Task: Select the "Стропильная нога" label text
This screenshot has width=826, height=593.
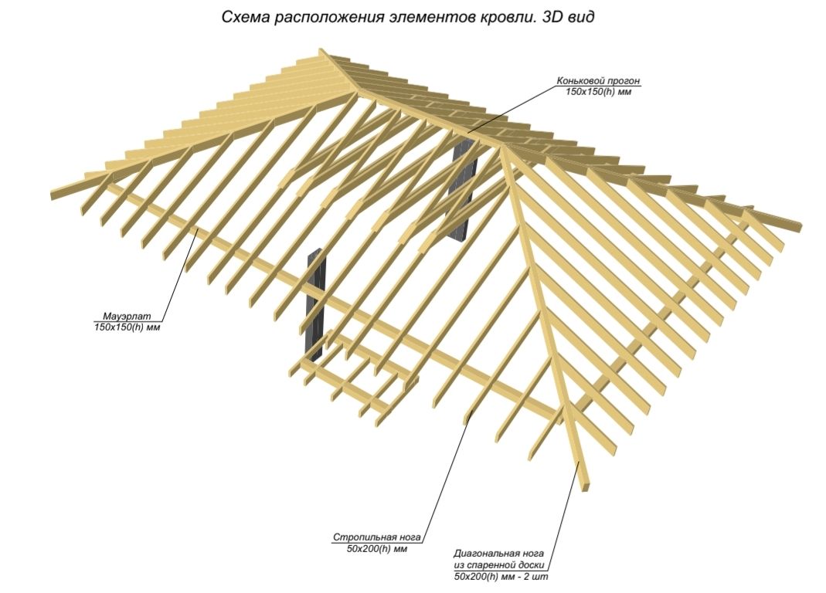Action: pos(379,537)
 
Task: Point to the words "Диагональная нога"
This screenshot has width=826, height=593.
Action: pos(499,554)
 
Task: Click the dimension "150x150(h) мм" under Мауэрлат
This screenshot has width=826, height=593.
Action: pos(126,327)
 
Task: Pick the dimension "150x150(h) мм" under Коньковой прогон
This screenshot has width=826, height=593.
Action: pos(604,93)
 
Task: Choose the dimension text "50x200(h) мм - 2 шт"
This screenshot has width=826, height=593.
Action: pos(502,577)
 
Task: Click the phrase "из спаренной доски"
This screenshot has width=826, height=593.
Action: pos(499,565)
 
